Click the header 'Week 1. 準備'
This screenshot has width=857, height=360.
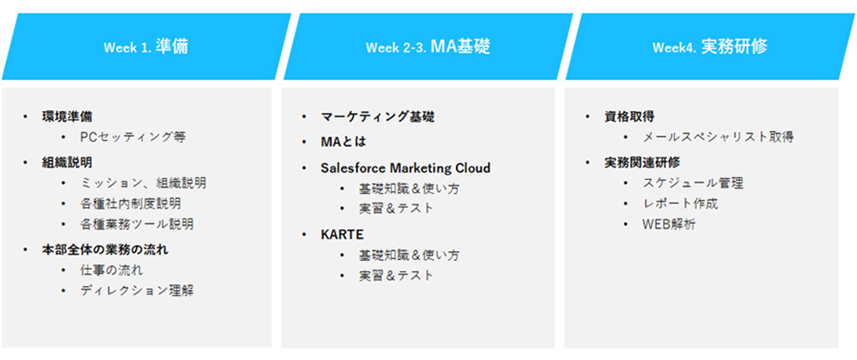point(146,46)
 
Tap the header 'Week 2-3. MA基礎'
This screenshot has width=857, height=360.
point(428,46)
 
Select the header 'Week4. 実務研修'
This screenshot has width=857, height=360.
point(709,46)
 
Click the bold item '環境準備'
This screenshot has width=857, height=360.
point(67,117)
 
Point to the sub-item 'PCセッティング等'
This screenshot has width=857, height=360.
point(133,137)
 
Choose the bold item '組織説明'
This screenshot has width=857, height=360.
point(67,162)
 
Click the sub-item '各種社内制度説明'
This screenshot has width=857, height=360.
point(130,204)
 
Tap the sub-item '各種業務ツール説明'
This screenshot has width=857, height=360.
point(137,224)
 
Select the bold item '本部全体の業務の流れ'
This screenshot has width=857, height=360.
point(105,250)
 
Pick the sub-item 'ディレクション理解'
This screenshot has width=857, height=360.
point(137,291)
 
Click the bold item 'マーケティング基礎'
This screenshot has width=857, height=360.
point(377,117)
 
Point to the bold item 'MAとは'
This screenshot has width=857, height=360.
point(343,142)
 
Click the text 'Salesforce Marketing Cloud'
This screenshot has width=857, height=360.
point(405,168)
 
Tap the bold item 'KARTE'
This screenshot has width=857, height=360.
point(342,234)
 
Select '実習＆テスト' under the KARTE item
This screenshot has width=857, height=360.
point(396,276)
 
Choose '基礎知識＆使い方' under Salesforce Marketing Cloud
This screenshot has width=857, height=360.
point(409,189)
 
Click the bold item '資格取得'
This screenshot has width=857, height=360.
point(630,117)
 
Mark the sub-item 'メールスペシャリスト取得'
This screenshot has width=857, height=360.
point(718,137)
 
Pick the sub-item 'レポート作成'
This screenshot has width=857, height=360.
point(680,204)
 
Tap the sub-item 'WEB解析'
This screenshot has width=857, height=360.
point(669,224)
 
